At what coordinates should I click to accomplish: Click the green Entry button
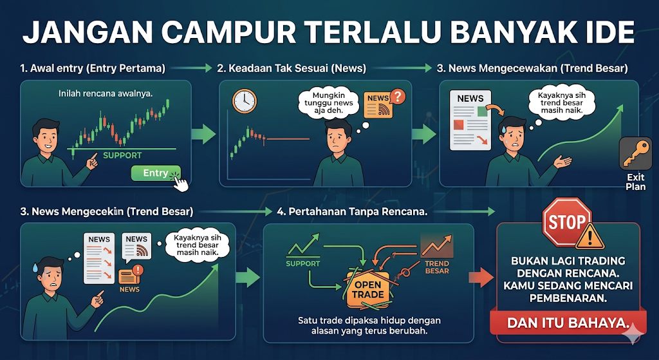pos(156,173)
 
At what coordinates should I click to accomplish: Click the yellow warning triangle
pos(589,237)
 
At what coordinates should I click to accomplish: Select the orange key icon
pos(635,153)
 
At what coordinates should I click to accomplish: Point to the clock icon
pos(244,101)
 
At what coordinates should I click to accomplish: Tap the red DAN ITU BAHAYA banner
pos(568,323)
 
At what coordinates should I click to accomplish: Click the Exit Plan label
pos(635,182)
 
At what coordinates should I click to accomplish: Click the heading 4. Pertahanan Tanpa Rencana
pos(352,212)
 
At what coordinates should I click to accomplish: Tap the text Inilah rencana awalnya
pos(106,93)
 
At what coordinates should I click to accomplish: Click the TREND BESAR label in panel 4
pos(437,267)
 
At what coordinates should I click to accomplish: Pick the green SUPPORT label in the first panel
pos(122,155)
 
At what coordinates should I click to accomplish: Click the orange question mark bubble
pos(397,97)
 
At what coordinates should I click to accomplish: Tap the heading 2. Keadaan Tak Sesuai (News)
pos(292,68)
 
